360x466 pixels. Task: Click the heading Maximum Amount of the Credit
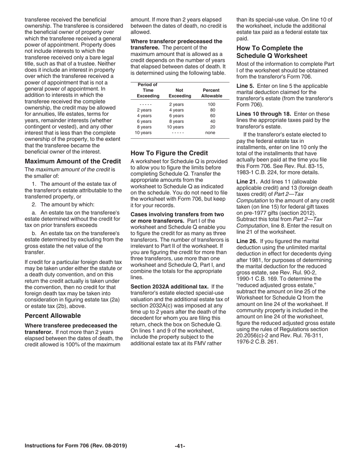click(x=73, y=161)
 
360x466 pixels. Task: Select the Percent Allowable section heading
click(x=53, y=316)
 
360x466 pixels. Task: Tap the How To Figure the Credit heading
click(x=169, y=153)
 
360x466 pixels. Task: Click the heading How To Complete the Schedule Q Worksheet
click(x=270, y=52)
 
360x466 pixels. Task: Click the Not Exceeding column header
click(x=180, y=93)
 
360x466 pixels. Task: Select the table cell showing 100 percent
click(x=211, y=104)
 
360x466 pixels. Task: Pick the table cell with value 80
click(x=212, y=110)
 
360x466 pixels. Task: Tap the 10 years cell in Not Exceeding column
click(x=176, y=127)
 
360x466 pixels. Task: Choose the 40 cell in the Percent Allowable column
click(x=212, y=121)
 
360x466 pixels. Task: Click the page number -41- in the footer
click(x=180, y=446)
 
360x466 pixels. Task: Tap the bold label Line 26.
click(x=247, y=241)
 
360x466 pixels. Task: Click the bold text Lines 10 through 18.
click(x=264, y=114)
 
